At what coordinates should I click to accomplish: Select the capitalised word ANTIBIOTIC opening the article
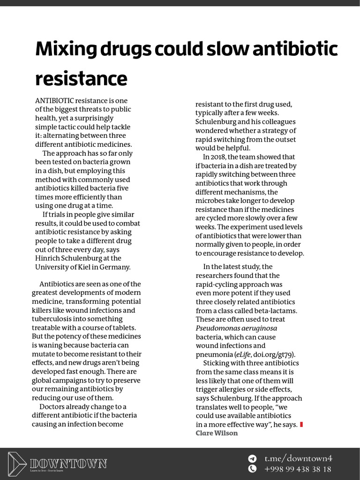[54, 101]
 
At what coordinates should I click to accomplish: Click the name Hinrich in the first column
[49, 258]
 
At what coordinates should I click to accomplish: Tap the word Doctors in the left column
[54, 406]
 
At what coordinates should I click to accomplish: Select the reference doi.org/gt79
[276, 354]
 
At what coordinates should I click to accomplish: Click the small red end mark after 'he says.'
[301, 425]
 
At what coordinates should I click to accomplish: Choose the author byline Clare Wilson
[217, 433]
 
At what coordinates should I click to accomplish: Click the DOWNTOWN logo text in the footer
[68, 464]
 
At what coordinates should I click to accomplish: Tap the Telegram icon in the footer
[252, 458]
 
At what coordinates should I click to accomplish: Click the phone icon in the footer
[252, 469]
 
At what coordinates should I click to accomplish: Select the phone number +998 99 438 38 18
[298, 469]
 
